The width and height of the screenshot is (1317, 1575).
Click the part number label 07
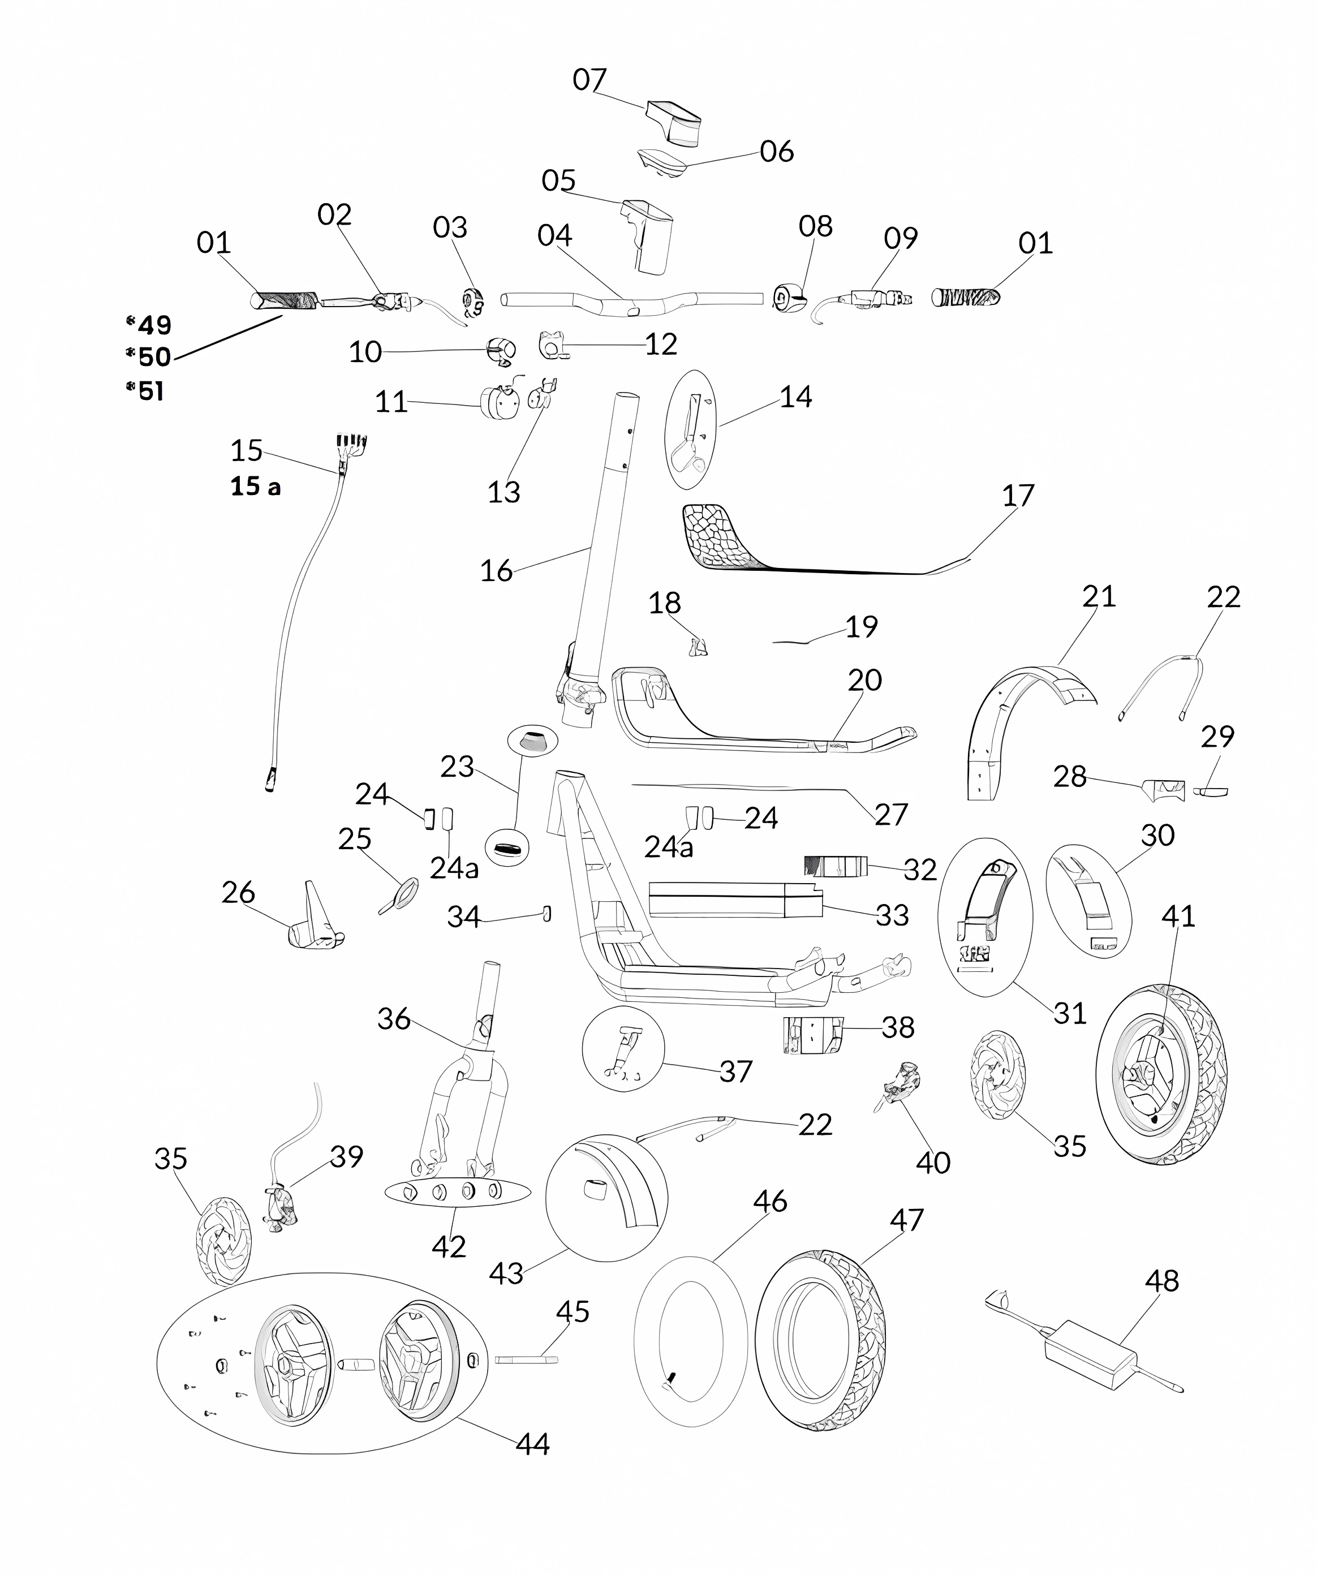point(589,80)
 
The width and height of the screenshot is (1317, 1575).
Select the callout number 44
point(532,1444)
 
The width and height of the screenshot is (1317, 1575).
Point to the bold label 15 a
point(255,487)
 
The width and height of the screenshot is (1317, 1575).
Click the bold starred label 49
point(154,325)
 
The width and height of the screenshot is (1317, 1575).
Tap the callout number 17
point(1018,495)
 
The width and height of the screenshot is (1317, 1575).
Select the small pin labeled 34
point(546,914)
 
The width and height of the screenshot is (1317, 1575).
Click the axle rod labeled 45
point(526,1359)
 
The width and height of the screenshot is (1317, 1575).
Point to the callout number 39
point(346,1156)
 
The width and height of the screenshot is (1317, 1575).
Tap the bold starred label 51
point(150,391)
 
